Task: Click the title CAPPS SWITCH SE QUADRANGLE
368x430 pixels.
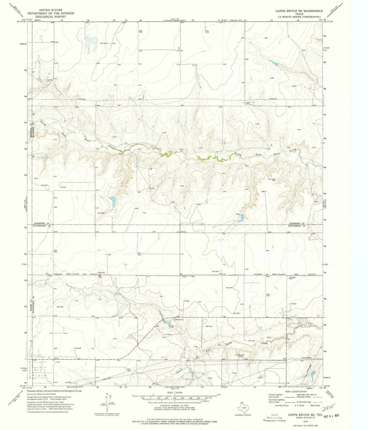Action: pyautogui.click(x=295, y=11)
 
